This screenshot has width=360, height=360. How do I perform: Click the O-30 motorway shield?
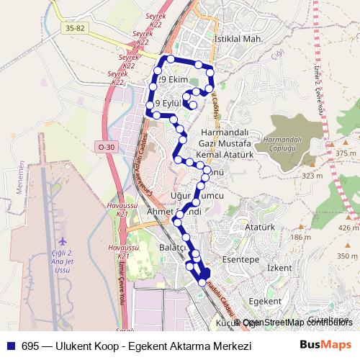(106, 147)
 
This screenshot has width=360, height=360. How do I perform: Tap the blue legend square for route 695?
(12, 346)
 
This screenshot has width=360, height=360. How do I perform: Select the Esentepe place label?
(240, 259)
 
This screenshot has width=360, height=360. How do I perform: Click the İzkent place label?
(279, 268)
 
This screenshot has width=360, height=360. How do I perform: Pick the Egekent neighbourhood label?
(264, 300)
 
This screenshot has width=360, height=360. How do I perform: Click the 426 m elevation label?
(348, 228)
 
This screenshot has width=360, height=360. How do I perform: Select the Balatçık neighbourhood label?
(173, 247)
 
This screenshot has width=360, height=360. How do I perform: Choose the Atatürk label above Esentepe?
(261, 228)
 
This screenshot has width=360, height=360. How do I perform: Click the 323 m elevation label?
(312, 176)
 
